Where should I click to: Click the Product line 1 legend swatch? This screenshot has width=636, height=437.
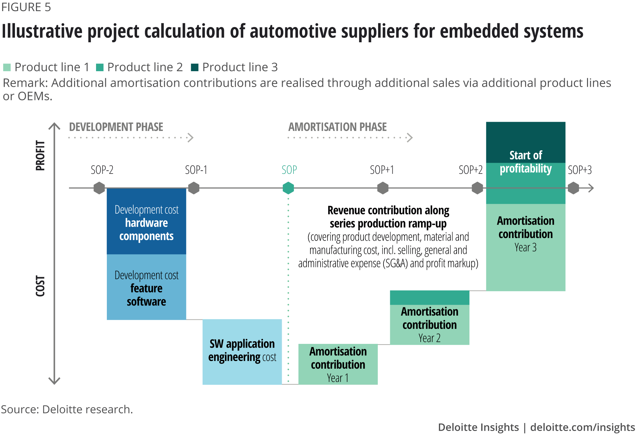(7, 67)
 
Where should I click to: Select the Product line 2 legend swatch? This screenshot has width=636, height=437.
(100, 67)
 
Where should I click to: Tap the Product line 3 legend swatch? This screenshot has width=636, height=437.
(195, 67)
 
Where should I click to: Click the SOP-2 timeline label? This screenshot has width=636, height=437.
(102, 170)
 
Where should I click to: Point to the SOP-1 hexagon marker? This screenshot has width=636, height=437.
(194, 188)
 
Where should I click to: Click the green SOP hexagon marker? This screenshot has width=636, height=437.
(288, 188)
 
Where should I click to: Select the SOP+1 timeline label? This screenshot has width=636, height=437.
(382, 170)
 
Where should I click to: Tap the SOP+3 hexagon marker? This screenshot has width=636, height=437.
(573, 188)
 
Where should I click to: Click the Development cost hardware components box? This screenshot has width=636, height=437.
(146, 222)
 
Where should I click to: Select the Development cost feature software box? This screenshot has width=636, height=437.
(146, 287)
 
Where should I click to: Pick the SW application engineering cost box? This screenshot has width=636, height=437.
(242, 352)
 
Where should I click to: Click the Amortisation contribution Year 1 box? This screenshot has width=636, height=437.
(338, 364)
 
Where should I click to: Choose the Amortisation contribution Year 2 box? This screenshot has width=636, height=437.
(429, 324)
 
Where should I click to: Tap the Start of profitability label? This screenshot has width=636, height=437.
(526, 162)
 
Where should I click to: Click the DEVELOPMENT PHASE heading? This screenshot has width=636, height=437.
(116, 127)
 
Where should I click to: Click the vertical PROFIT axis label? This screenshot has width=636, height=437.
(40, 155)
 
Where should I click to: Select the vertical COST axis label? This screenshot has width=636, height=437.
(40, 286)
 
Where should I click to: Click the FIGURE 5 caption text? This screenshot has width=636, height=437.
(26, 7)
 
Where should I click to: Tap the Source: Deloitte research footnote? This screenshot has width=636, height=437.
(67, 409)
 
